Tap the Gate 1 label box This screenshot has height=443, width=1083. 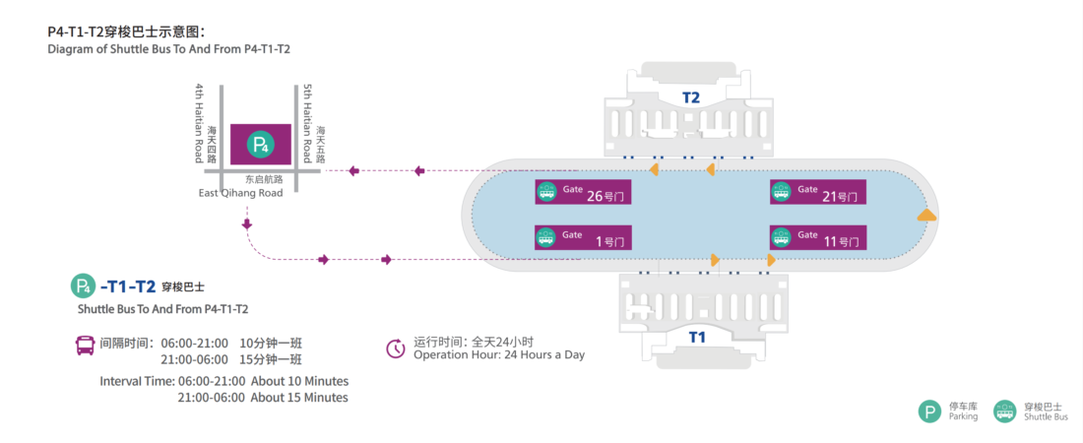583,237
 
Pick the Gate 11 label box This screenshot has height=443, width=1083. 817,237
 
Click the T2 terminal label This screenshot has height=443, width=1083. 691,97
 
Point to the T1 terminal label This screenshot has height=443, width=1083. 697,338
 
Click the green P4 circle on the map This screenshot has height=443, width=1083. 260,146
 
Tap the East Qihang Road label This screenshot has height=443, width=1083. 240,193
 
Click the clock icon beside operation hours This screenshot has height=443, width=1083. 396,348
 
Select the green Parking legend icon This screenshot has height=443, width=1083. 929,411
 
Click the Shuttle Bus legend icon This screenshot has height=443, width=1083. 1004,411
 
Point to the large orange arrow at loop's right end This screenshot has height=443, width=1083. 925,215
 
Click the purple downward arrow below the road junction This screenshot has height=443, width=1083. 244,226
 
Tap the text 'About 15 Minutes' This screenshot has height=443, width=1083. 299,398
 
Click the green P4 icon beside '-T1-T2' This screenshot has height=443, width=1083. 83,286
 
